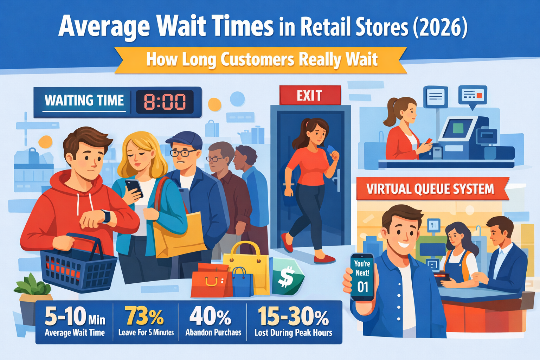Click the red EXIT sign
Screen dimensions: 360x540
(310, 95)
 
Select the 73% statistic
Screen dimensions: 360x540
(144, 316)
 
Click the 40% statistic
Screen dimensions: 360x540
(210, 316)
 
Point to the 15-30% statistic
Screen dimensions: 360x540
(293, 316)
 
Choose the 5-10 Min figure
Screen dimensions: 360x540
(75, 316)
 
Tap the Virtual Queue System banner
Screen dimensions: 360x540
(430, 189)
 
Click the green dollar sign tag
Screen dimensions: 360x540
(287, 276)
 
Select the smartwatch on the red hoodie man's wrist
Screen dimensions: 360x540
(106, 216)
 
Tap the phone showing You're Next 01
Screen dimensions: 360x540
(362, 277)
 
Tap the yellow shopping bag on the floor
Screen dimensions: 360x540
(246, 267)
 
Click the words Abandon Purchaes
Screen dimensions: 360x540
(213, 333)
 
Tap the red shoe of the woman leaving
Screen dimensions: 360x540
(324, 260)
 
